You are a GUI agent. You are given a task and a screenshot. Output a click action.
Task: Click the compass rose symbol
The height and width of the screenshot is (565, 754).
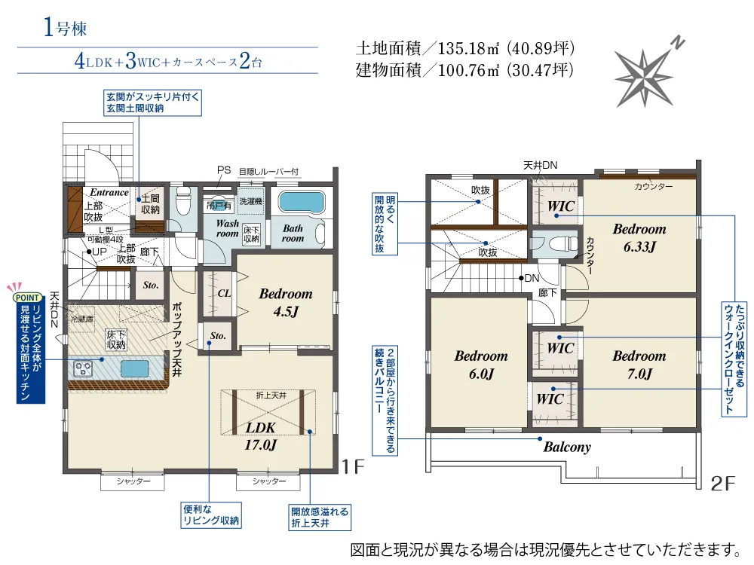(x=645, y=75)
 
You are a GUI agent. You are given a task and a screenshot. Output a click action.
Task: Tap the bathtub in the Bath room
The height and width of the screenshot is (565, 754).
(x=302, y=202)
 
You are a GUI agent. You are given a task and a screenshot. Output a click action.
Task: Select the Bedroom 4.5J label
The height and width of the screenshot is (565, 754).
(x=286, y=302)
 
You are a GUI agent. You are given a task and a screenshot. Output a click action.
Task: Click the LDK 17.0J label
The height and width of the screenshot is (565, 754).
(x=261, y=436)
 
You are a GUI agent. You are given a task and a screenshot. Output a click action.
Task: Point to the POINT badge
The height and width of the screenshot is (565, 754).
(x=27, y=298)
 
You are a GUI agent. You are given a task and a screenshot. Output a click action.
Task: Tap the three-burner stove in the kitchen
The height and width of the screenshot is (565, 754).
(x=83, y=369)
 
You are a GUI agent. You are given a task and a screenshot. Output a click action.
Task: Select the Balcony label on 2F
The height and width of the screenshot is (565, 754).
(x=567, y=447)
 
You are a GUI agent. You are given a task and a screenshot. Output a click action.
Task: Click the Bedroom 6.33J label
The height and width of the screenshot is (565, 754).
(x=639, y=237)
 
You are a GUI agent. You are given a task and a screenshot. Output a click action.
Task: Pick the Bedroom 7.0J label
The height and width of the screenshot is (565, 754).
(x=639, y=364)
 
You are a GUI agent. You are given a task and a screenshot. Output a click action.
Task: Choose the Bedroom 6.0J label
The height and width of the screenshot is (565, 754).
(x=481, y=364)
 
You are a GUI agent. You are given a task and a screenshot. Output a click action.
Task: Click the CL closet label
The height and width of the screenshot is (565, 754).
(x=224, y=293)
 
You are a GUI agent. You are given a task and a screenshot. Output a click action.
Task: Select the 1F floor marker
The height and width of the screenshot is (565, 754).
(x=354, y=466)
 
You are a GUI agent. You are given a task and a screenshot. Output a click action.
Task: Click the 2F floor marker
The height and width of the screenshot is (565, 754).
(x=723, y=484)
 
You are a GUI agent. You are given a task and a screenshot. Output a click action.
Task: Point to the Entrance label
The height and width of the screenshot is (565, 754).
(x=109, y=193)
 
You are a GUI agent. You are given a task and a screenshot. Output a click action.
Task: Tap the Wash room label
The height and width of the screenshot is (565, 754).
(x=228, y=228)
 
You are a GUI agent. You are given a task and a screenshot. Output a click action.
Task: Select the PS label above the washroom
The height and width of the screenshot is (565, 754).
(x=224, y=170)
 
